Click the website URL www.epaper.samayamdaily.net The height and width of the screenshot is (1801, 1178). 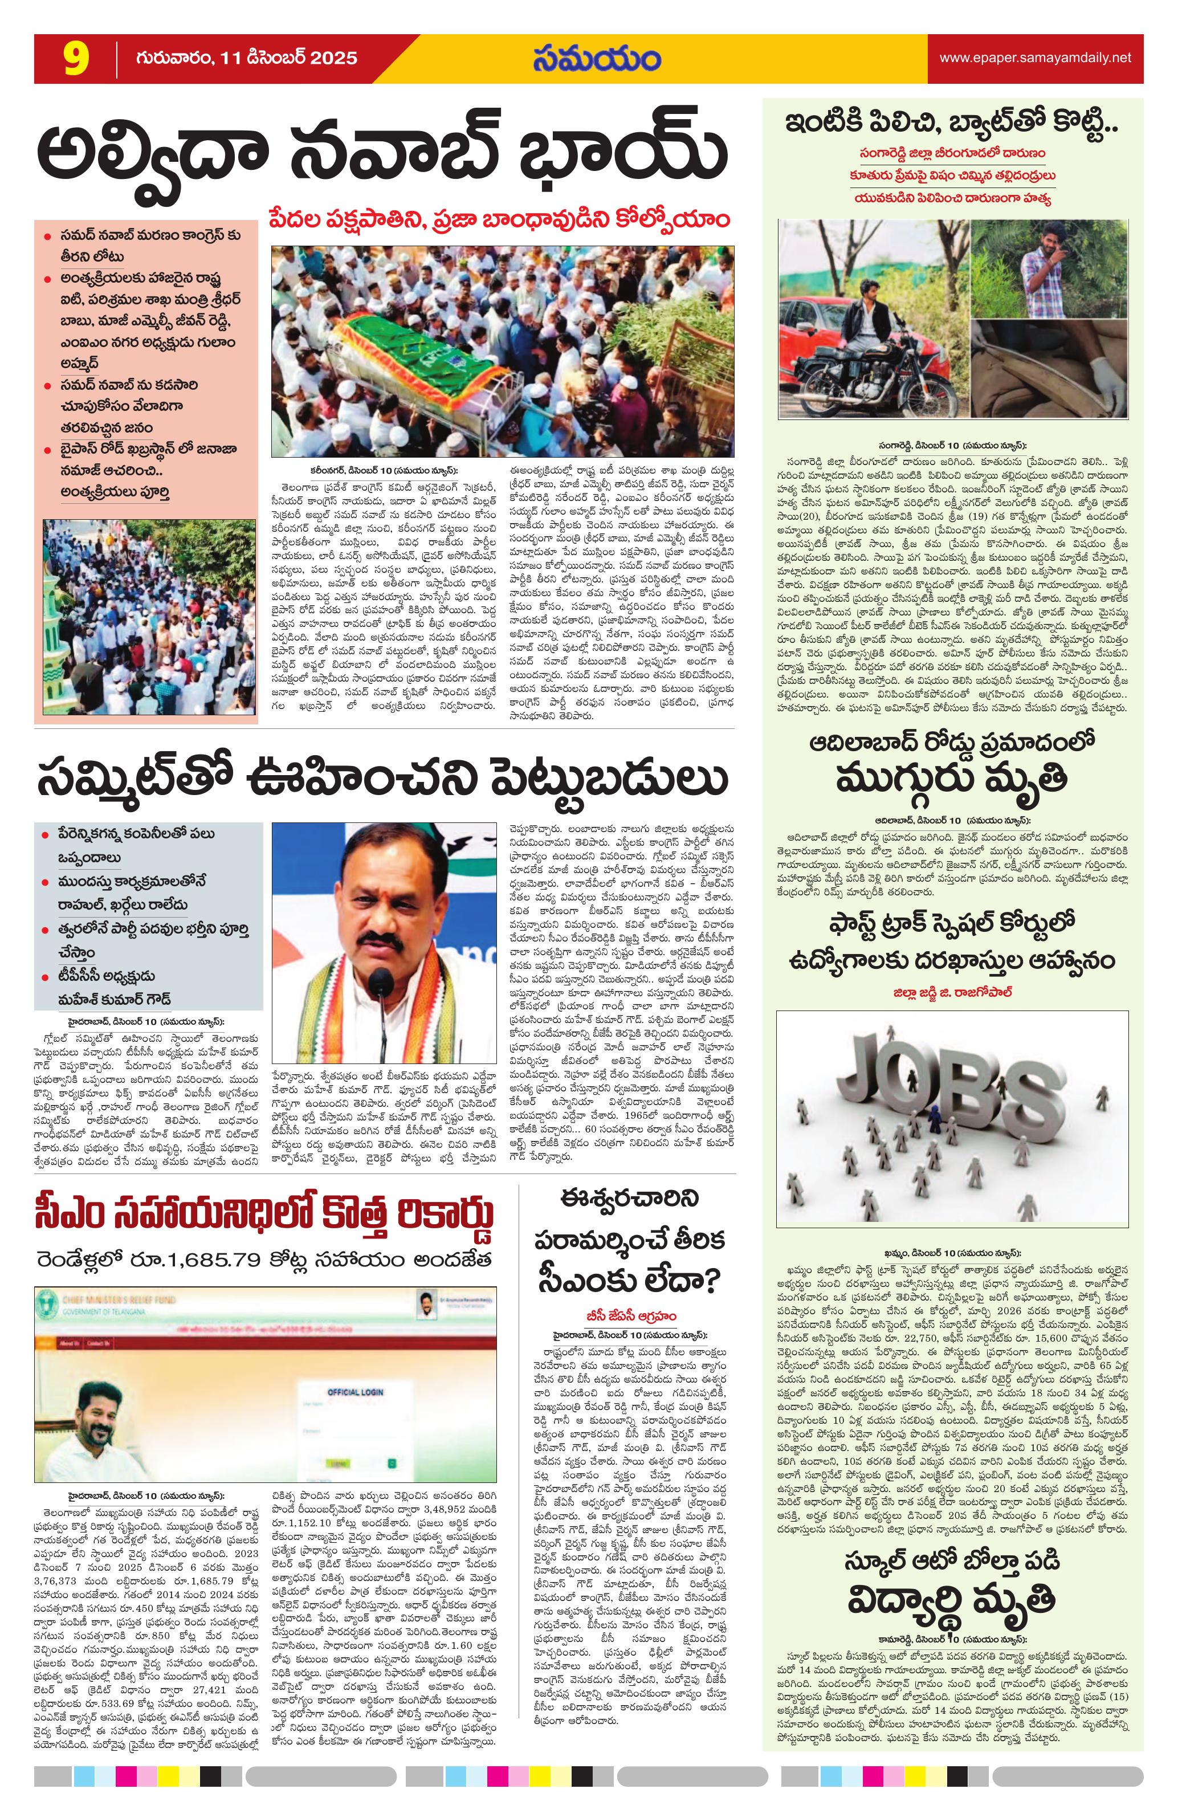1035,58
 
